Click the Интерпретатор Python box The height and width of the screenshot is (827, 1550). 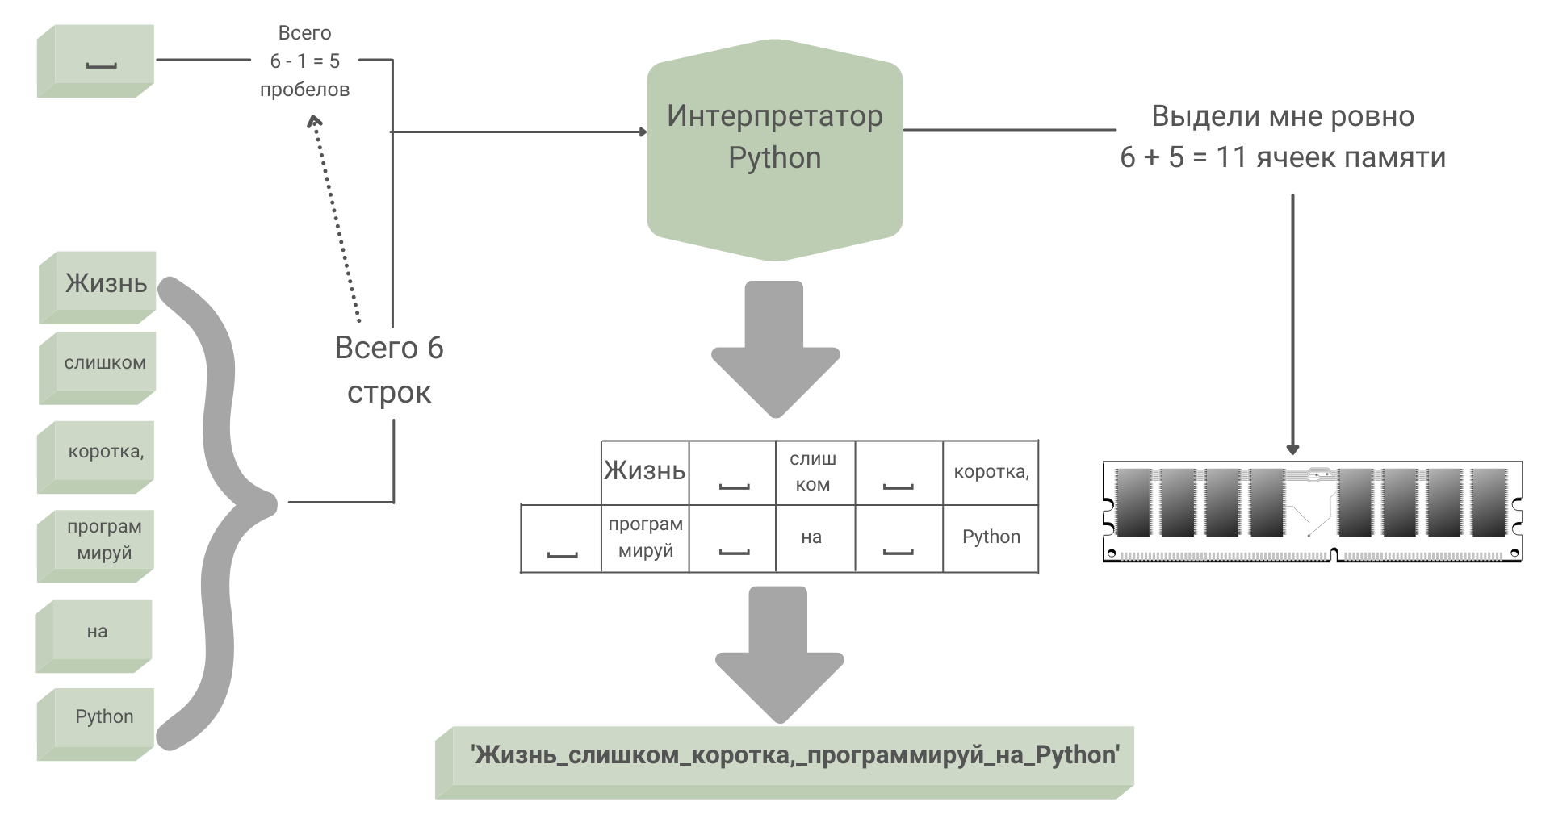tap(774, 150)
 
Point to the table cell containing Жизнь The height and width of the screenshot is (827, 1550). tap(645, 472)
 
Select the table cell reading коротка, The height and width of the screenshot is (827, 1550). tap(991, 472)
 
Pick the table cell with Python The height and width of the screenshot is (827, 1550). tap(991, 538)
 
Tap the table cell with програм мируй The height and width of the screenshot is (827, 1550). tap(645, 538)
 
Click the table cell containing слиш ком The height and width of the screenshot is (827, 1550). tap(813, 472)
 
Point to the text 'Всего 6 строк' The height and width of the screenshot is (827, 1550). tap(389, 370)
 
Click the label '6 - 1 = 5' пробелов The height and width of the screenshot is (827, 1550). tap(305, 61)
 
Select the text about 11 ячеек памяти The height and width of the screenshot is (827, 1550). tap(1282, 137)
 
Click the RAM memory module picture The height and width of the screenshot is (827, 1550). tap(1312, 511)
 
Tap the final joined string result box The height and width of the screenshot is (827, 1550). tap(785, 760)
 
